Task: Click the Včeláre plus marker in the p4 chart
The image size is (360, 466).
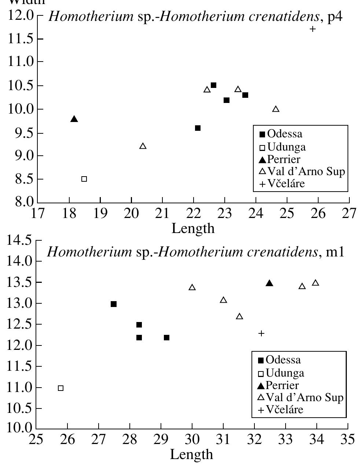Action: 312,29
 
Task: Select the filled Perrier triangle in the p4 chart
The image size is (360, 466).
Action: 74,119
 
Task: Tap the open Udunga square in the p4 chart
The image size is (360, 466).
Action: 84,179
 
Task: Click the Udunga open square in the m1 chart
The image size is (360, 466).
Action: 61,388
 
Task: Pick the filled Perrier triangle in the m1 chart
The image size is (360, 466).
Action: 269,283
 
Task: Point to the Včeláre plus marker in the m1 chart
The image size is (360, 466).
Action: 261,333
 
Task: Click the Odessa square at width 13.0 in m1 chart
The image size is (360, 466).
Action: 114,304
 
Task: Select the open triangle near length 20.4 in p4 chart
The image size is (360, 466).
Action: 143,146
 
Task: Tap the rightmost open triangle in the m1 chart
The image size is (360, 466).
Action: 315,283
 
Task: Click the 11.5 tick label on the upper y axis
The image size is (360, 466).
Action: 20,39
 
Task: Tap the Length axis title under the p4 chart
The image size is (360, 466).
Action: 193,228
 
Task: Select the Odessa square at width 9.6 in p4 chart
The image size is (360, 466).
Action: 198,128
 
